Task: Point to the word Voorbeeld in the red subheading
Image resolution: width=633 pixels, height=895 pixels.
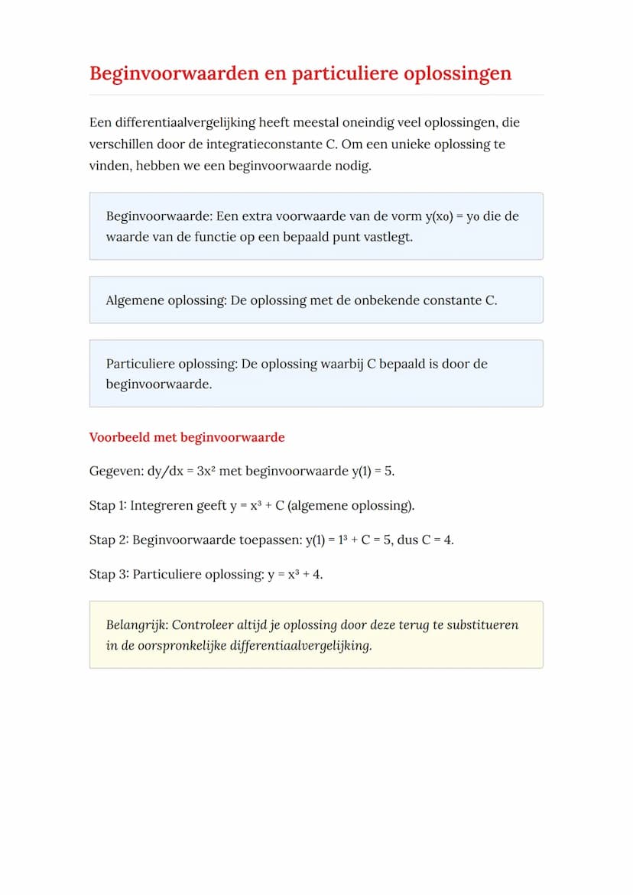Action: pos(118,438)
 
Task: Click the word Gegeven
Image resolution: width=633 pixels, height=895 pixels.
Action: pos(114,471)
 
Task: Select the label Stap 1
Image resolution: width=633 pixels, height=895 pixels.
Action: pos(107,505)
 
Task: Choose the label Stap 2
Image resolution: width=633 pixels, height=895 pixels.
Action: pos(108,540)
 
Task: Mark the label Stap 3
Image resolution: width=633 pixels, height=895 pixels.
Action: pos(108,574)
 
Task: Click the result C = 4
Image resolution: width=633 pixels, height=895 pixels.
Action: pos(437,540)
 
